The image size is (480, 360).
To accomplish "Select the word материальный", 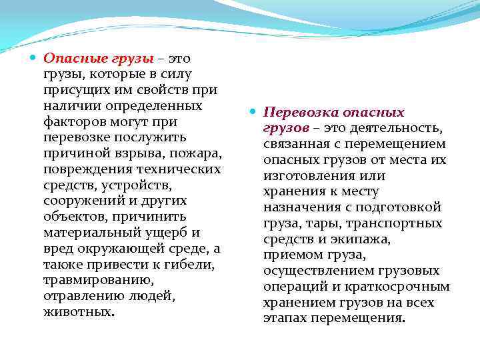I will tap(90, 233).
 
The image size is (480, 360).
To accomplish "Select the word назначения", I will tap(301, 208).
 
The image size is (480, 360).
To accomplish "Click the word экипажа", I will tap(347, 239).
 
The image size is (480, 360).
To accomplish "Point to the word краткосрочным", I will tap(405, 287).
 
